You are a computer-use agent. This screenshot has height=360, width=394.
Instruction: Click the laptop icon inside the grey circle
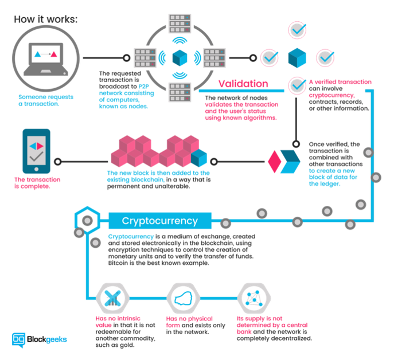click(46, 59)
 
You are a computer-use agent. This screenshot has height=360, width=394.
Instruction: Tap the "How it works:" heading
click(46, 19)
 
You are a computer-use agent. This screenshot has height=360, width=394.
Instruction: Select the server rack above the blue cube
click(180, 24)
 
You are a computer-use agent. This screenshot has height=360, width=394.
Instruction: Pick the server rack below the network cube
click(180, 92)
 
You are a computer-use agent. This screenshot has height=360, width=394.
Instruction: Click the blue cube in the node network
click(180, 58)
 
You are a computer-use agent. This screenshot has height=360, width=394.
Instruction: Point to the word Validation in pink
click(243, 84)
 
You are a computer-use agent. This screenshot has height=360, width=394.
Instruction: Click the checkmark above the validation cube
click(297, 30)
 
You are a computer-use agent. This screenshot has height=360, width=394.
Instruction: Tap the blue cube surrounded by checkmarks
click(297, 58)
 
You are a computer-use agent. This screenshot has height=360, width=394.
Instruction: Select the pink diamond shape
click(275, 162)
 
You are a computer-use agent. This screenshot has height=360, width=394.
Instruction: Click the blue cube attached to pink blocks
click(199, 158)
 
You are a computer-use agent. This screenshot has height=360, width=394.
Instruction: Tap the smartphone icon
click(37, 151)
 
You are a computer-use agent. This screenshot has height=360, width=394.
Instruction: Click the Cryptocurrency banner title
click(160, 221)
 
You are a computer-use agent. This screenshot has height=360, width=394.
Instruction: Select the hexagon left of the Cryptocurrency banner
click(87, 220)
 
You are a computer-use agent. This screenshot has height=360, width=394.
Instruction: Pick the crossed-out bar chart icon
click(112, 298)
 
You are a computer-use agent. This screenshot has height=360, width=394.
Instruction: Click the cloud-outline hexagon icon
click(184, 298)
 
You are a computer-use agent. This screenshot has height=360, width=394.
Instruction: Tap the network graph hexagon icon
click(254, 298)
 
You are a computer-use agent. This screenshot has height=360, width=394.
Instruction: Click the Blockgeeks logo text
click(46, 339)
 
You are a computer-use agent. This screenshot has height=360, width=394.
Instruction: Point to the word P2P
click(144, 87)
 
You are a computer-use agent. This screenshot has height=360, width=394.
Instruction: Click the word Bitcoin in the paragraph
click(118, 263)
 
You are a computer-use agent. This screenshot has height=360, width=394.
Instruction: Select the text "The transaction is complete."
click(37, 183)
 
